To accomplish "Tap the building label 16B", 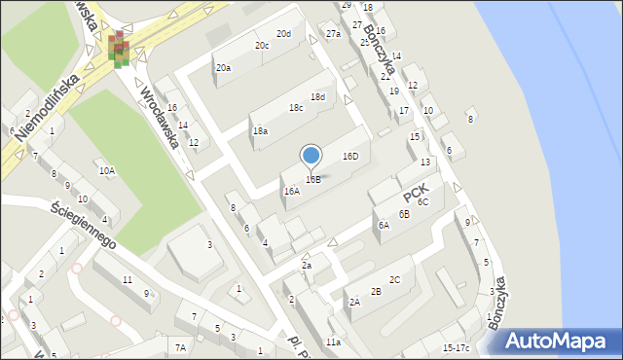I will coord(312,179).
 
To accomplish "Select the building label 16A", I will coord(291,192).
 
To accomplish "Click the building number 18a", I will coord(260,130).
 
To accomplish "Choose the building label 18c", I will coord(295,107).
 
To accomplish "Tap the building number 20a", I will coord(223,67).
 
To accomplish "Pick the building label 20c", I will coord(262,45).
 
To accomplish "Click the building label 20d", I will coord(283,34).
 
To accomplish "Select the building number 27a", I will coord(333,34).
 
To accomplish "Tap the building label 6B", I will coord(403,214).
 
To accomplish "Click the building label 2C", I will coord(394,279).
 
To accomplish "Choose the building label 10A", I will coord(106,171).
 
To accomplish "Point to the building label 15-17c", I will coord(456,347).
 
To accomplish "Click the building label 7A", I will coord(179,347).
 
